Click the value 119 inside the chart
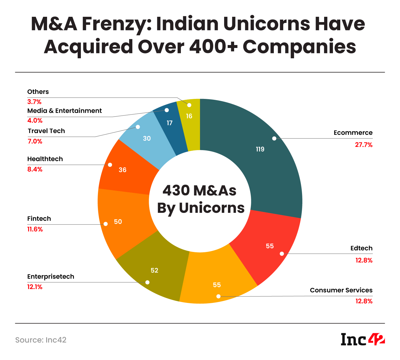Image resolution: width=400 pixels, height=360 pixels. [260, 149]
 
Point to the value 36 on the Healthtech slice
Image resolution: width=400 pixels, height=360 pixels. [123, 170]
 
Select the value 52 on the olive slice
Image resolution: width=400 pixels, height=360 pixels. [154, 270]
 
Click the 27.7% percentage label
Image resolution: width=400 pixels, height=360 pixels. [364, 145]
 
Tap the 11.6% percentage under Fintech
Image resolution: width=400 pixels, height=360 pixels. [35, 229]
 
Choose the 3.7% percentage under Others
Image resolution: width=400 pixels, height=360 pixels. [34, 102]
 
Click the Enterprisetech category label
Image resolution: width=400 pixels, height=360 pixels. [51, 277]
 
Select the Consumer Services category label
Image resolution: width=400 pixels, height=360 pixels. [341, 290]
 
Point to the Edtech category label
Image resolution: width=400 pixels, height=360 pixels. [361, 248]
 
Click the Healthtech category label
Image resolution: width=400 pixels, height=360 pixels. [45, 159]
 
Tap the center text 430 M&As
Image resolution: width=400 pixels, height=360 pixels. [200, 190]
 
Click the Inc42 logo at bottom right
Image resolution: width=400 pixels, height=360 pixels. [363, 339]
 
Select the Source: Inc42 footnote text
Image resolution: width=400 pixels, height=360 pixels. [41, 340]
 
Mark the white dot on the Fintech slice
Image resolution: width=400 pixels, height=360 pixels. [106, 224]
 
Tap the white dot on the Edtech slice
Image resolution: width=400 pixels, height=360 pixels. [282, 253]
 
